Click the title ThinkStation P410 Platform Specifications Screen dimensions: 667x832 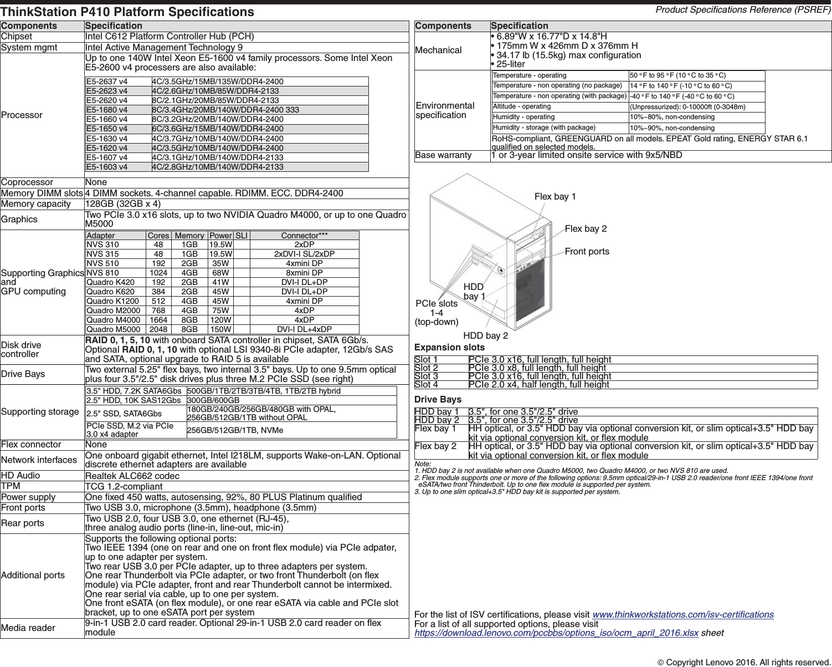(127, 12)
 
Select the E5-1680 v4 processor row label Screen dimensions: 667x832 (107, 110)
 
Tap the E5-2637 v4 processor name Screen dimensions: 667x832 (107, 82)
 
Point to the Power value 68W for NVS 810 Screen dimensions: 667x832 (220, 273)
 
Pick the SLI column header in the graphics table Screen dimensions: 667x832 (242, 236)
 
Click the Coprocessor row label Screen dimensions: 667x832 (27, 182)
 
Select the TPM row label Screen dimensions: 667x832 (11, 486)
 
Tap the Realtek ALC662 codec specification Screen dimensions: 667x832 (132, 476)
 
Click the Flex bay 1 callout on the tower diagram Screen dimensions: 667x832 (555, 197)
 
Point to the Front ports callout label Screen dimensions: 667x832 (587, 252)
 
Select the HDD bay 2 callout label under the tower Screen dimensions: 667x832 (485, 336)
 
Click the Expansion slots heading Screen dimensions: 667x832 (449, 348)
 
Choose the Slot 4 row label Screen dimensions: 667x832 (427, 385)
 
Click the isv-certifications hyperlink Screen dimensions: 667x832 (683, 614)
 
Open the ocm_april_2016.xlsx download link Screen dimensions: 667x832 (556, 633)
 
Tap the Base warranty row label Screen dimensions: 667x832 (443, 155)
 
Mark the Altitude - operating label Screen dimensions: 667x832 (521, 106)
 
